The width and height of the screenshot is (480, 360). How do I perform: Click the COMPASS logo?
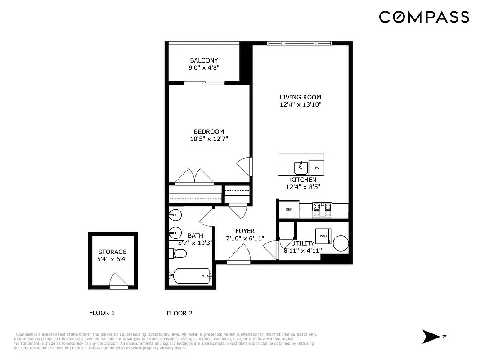click(x=424, y=17)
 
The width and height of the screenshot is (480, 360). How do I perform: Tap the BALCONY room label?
click(x=204, y=60)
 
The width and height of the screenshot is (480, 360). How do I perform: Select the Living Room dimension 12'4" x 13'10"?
click(x=300, y=104)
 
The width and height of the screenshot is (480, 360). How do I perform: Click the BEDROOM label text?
click(x=209, y=131)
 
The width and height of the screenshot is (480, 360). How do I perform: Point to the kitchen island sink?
click(x=301, y=168)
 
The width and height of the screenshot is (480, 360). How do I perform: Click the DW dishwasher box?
click(x=316, y=168)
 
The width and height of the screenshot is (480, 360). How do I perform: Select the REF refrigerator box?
click(x=289, y=209)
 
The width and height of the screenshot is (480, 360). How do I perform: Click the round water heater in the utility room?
click(x=341, y=243)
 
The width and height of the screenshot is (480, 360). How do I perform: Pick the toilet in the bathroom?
click(x=178, y=254)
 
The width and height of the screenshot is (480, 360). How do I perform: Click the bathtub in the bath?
click(x=189, y=275)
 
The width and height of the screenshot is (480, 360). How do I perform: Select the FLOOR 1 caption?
click(x=102, y=313)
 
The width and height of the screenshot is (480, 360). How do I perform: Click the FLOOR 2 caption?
click(x=179, y=313)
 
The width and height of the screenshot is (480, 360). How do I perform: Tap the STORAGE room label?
click(x=112, y=252)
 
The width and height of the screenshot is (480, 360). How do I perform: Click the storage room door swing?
click(x=119, y=281)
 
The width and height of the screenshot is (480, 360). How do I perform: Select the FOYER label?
click(x=244, y=231)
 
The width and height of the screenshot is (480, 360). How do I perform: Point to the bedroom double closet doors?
click(x=194, y=178)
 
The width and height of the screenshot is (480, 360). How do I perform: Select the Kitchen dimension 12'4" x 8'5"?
click(x=303, y=187)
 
